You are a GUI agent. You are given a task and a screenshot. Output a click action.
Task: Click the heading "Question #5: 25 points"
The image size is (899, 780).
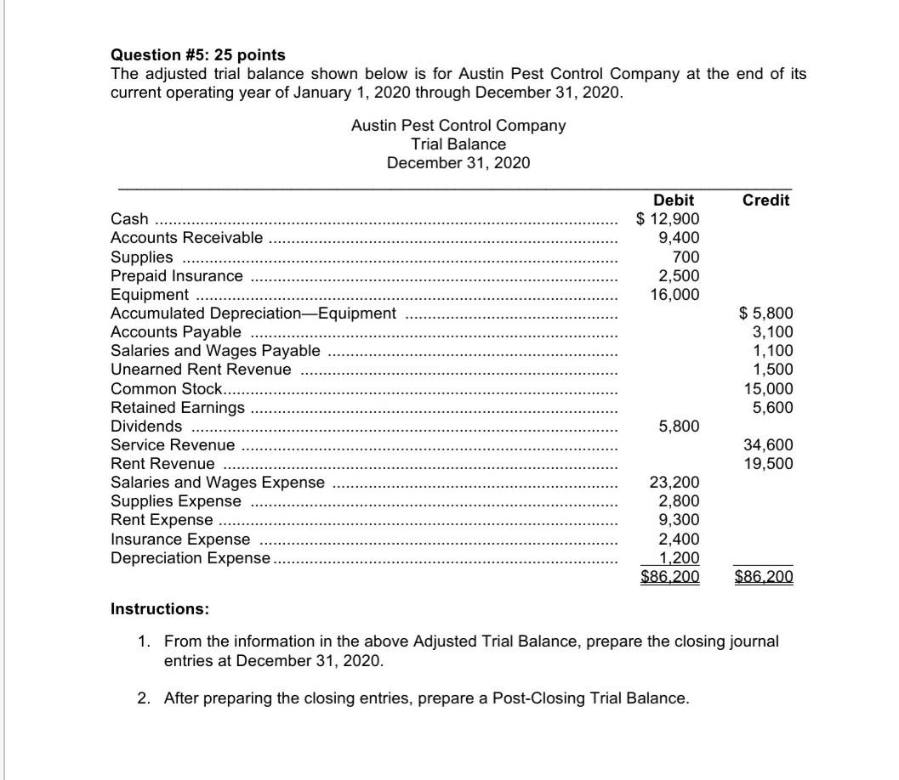coord(198,55)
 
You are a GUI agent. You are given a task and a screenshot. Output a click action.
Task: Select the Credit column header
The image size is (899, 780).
coord(765,201)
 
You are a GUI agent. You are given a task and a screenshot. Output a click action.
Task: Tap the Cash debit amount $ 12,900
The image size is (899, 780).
coord(669,219)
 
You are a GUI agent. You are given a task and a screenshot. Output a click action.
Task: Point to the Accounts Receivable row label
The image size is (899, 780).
coord(187,238)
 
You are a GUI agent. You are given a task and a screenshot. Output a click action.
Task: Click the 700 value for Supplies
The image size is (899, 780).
coord(686,257)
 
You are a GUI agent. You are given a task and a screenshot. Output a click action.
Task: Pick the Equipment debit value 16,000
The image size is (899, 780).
coord(675,294)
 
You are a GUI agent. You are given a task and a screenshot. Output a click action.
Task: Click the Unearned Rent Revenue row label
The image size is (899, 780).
coord(201,370)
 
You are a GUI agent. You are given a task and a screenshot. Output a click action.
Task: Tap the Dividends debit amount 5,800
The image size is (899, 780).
coord(679,426)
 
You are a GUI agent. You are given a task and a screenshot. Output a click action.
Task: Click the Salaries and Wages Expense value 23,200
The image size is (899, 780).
coord(675,483)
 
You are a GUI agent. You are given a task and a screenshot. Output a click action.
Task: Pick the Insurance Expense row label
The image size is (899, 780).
coord(181,539)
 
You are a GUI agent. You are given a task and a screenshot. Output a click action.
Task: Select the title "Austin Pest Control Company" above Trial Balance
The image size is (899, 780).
coord(458,125)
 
